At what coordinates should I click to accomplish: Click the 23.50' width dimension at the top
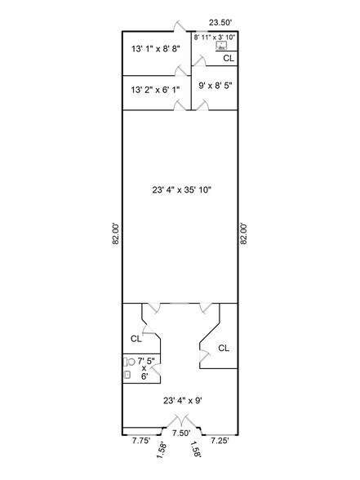click(x=220, y=22)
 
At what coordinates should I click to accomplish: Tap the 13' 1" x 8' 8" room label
click(x=155, y=49)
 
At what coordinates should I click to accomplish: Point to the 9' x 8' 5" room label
click(x=216, y=84)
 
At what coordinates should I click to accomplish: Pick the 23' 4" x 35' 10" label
click(x=182, y=189)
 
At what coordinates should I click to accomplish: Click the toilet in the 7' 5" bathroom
click(x=127, y=361)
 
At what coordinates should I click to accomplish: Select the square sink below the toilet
click(x=128, y=376)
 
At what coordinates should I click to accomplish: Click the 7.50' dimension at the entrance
click(x=180, y=433)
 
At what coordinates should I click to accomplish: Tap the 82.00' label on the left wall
click(x=115, y=231)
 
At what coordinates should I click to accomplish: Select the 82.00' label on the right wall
click(x=243, y=231)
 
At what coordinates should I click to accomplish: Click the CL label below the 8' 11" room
click(x=229, y=59)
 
